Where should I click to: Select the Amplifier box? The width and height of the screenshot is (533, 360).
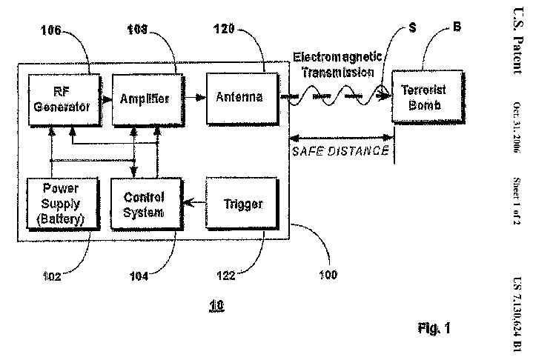click(x=145, y=98)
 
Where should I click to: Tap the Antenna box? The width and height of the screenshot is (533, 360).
click(x=239, y=97)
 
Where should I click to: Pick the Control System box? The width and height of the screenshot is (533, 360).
click(x=144, y=203)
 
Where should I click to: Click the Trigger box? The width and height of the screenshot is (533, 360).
click(x=242, y=204)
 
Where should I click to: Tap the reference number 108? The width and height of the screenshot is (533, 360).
click(x=138, y=30)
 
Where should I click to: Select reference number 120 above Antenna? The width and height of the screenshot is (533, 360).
click(x=223, y=30)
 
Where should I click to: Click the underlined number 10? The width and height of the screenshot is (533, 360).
click(x=216, y=305)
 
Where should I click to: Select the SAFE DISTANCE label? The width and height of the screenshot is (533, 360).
click(x=340, y=150)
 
